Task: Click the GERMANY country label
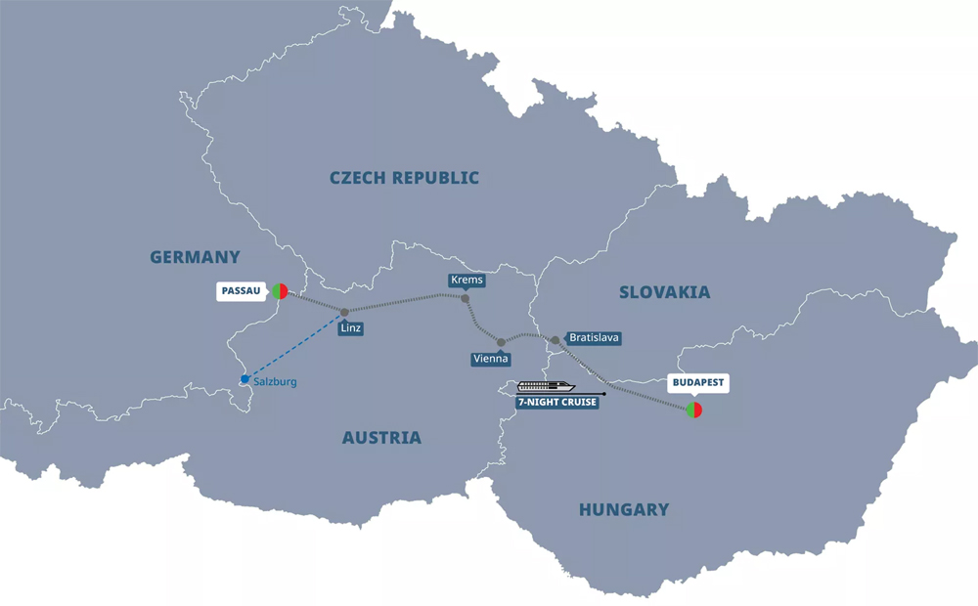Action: (x=195, y=258)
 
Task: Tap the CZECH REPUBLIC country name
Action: (x=404, y=178)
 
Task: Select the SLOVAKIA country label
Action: (x=664, y=292)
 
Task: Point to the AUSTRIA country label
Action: (x=381, y=438)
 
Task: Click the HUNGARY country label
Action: (x=624, y=509)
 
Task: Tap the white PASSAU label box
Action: (x=241, y=291)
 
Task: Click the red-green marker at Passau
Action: (x=280, y=290)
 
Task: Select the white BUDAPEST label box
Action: (x=698, y=382)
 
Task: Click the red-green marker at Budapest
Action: (x=694, y=410)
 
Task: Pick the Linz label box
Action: (x=351, y=328)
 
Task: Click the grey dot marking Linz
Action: (x=344, y=313)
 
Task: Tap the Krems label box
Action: (x=467, y=281)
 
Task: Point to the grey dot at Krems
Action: (x=466, y=298)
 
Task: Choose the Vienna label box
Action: (x=490, y=359)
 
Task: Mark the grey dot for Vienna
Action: (x=501, y=342)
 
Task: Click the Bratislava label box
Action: (x=594, y=338)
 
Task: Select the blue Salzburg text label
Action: (x=275, y=382)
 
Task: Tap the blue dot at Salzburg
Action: (x=244, y=379)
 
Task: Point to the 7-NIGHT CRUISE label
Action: (x=557, y=402)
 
